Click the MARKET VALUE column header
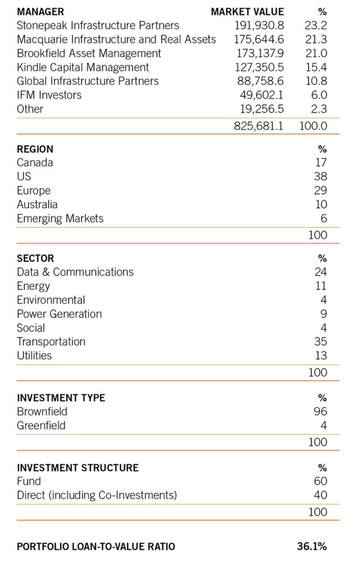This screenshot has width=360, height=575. tap(247, 11)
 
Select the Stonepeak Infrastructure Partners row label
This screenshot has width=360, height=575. tap(98, 25)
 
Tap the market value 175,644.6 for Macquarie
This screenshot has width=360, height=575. tap(259, 39)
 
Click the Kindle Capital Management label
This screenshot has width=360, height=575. tap(83, 67)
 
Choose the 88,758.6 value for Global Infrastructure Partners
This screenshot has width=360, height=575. tap(262, 81)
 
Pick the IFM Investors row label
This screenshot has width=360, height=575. tap(49, 95)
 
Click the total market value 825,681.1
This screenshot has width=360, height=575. tap(259, 126)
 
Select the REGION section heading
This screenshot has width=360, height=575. tap(35, 149)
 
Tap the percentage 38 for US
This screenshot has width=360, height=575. tap(320, 177)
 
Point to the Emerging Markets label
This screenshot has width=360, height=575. tap(60, 218)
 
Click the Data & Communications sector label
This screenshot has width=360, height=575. tap(75, 272)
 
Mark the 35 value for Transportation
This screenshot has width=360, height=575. tap(320, 341)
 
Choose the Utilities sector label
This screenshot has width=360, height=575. tap(34, 355)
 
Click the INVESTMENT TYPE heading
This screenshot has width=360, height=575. tap(61, 398)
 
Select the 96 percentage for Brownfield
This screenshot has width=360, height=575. tap(320, 412)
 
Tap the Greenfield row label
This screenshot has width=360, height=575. tap(41, 426)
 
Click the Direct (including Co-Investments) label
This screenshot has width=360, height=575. tap(97, 495)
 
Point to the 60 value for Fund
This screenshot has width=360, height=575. tap(320, 481)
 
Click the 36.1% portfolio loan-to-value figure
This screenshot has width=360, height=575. tap(312, 546)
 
